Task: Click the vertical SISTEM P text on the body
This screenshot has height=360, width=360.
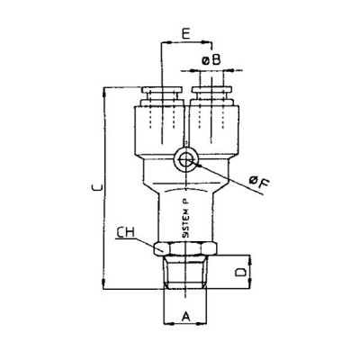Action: (x=184, y=216)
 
